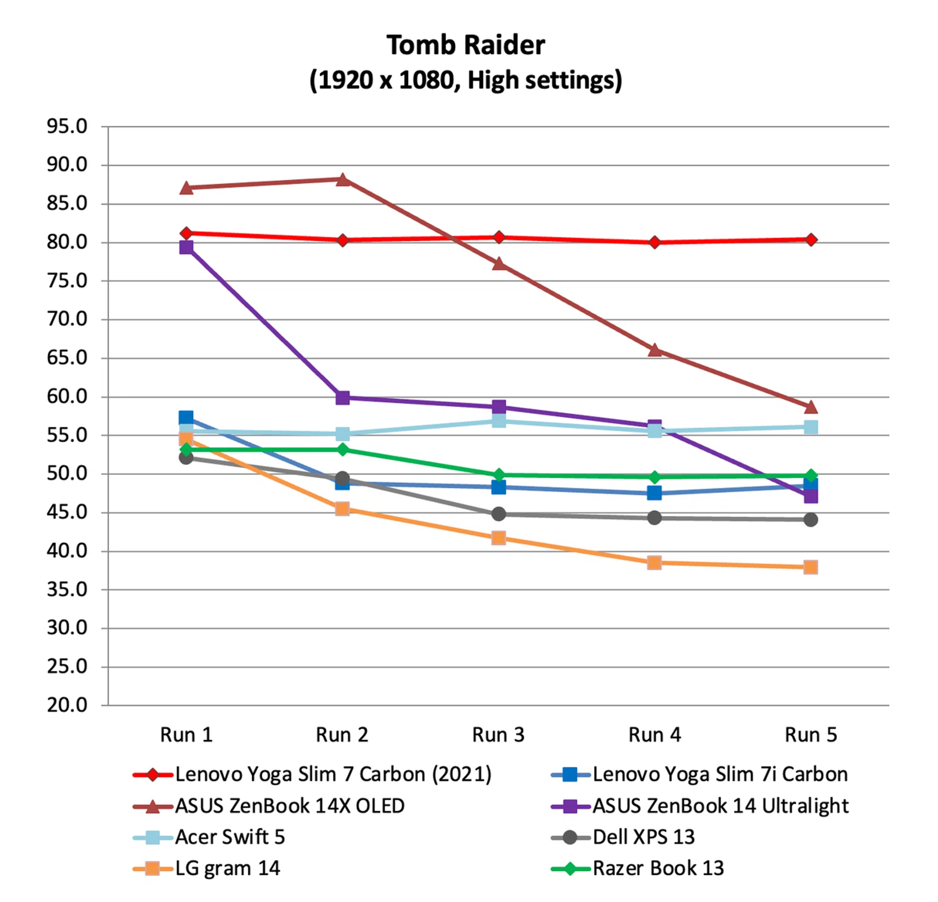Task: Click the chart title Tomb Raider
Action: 466,45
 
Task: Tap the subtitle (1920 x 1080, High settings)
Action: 466,80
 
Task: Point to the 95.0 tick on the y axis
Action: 67,127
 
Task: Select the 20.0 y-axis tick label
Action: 67,705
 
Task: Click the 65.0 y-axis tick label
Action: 67,358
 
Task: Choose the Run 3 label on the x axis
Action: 498,735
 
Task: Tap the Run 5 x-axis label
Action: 810,735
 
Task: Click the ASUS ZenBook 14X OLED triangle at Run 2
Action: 342,180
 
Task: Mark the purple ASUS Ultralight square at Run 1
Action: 186,247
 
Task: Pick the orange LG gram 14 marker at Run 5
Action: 810,567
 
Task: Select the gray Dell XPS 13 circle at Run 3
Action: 498,514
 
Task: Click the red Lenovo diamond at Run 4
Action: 655,242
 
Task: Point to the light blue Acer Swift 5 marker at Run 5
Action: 810,427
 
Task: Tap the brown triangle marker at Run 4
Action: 655,350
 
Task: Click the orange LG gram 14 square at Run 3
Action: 498,538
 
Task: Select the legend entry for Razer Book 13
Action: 658,868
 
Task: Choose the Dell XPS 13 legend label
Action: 643,837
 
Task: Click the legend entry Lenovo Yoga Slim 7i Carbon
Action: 720,774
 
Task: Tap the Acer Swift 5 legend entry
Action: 230,837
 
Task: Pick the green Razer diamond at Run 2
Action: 342,450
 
